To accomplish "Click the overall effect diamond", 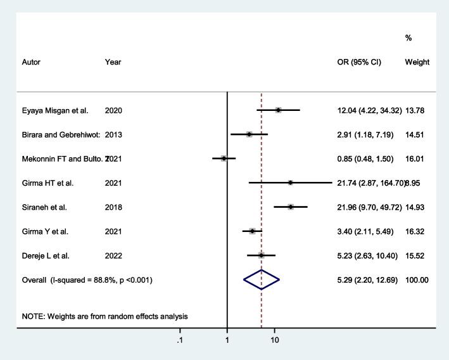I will [x=262, y=280].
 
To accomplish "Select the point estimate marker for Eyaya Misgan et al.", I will [x=278, y=110].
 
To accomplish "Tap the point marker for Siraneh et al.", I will [x=291, y=207].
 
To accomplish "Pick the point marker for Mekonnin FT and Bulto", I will [x=224, y=158].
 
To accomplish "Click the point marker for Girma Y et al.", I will [x=252, y=231].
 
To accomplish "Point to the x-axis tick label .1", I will [x=180, y=339].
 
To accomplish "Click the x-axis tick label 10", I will [x=275, y=339].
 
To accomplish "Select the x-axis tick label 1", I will [x=227, y=339].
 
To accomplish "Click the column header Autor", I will [x=32, y=62].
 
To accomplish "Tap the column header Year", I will [x=113, y=62].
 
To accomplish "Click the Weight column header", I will [x=417, y=62].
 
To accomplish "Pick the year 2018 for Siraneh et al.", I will [x=114, y=207].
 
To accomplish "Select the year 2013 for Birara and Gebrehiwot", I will [x=114, y=134].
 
